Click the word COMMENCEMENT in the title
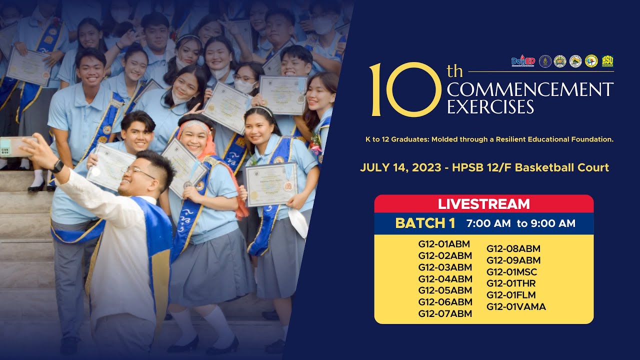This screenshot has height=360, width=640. point(530,90)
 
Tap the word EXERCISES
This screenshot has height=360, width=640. point(490,106)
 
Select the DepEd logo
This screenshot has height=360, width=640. point(523,61)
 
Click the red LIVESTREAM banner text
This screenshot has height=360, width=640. point(483,204)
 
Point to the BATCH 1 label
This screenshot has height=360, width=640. point(425,223)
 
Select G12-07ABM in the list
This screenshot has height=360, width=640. point(445,313)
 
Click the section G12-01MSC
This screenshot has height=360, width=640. point(511,272)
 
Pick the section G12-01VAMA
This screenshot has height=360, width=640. point(516,306)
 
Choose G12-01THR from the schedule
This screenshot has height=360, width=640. point(511,283)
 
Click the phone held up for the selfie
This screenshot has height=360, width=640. point(18,146)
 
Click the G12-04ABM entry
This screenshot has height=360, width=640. point(445,279)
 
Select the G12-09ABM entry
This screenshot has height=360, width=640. point(513,260)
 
